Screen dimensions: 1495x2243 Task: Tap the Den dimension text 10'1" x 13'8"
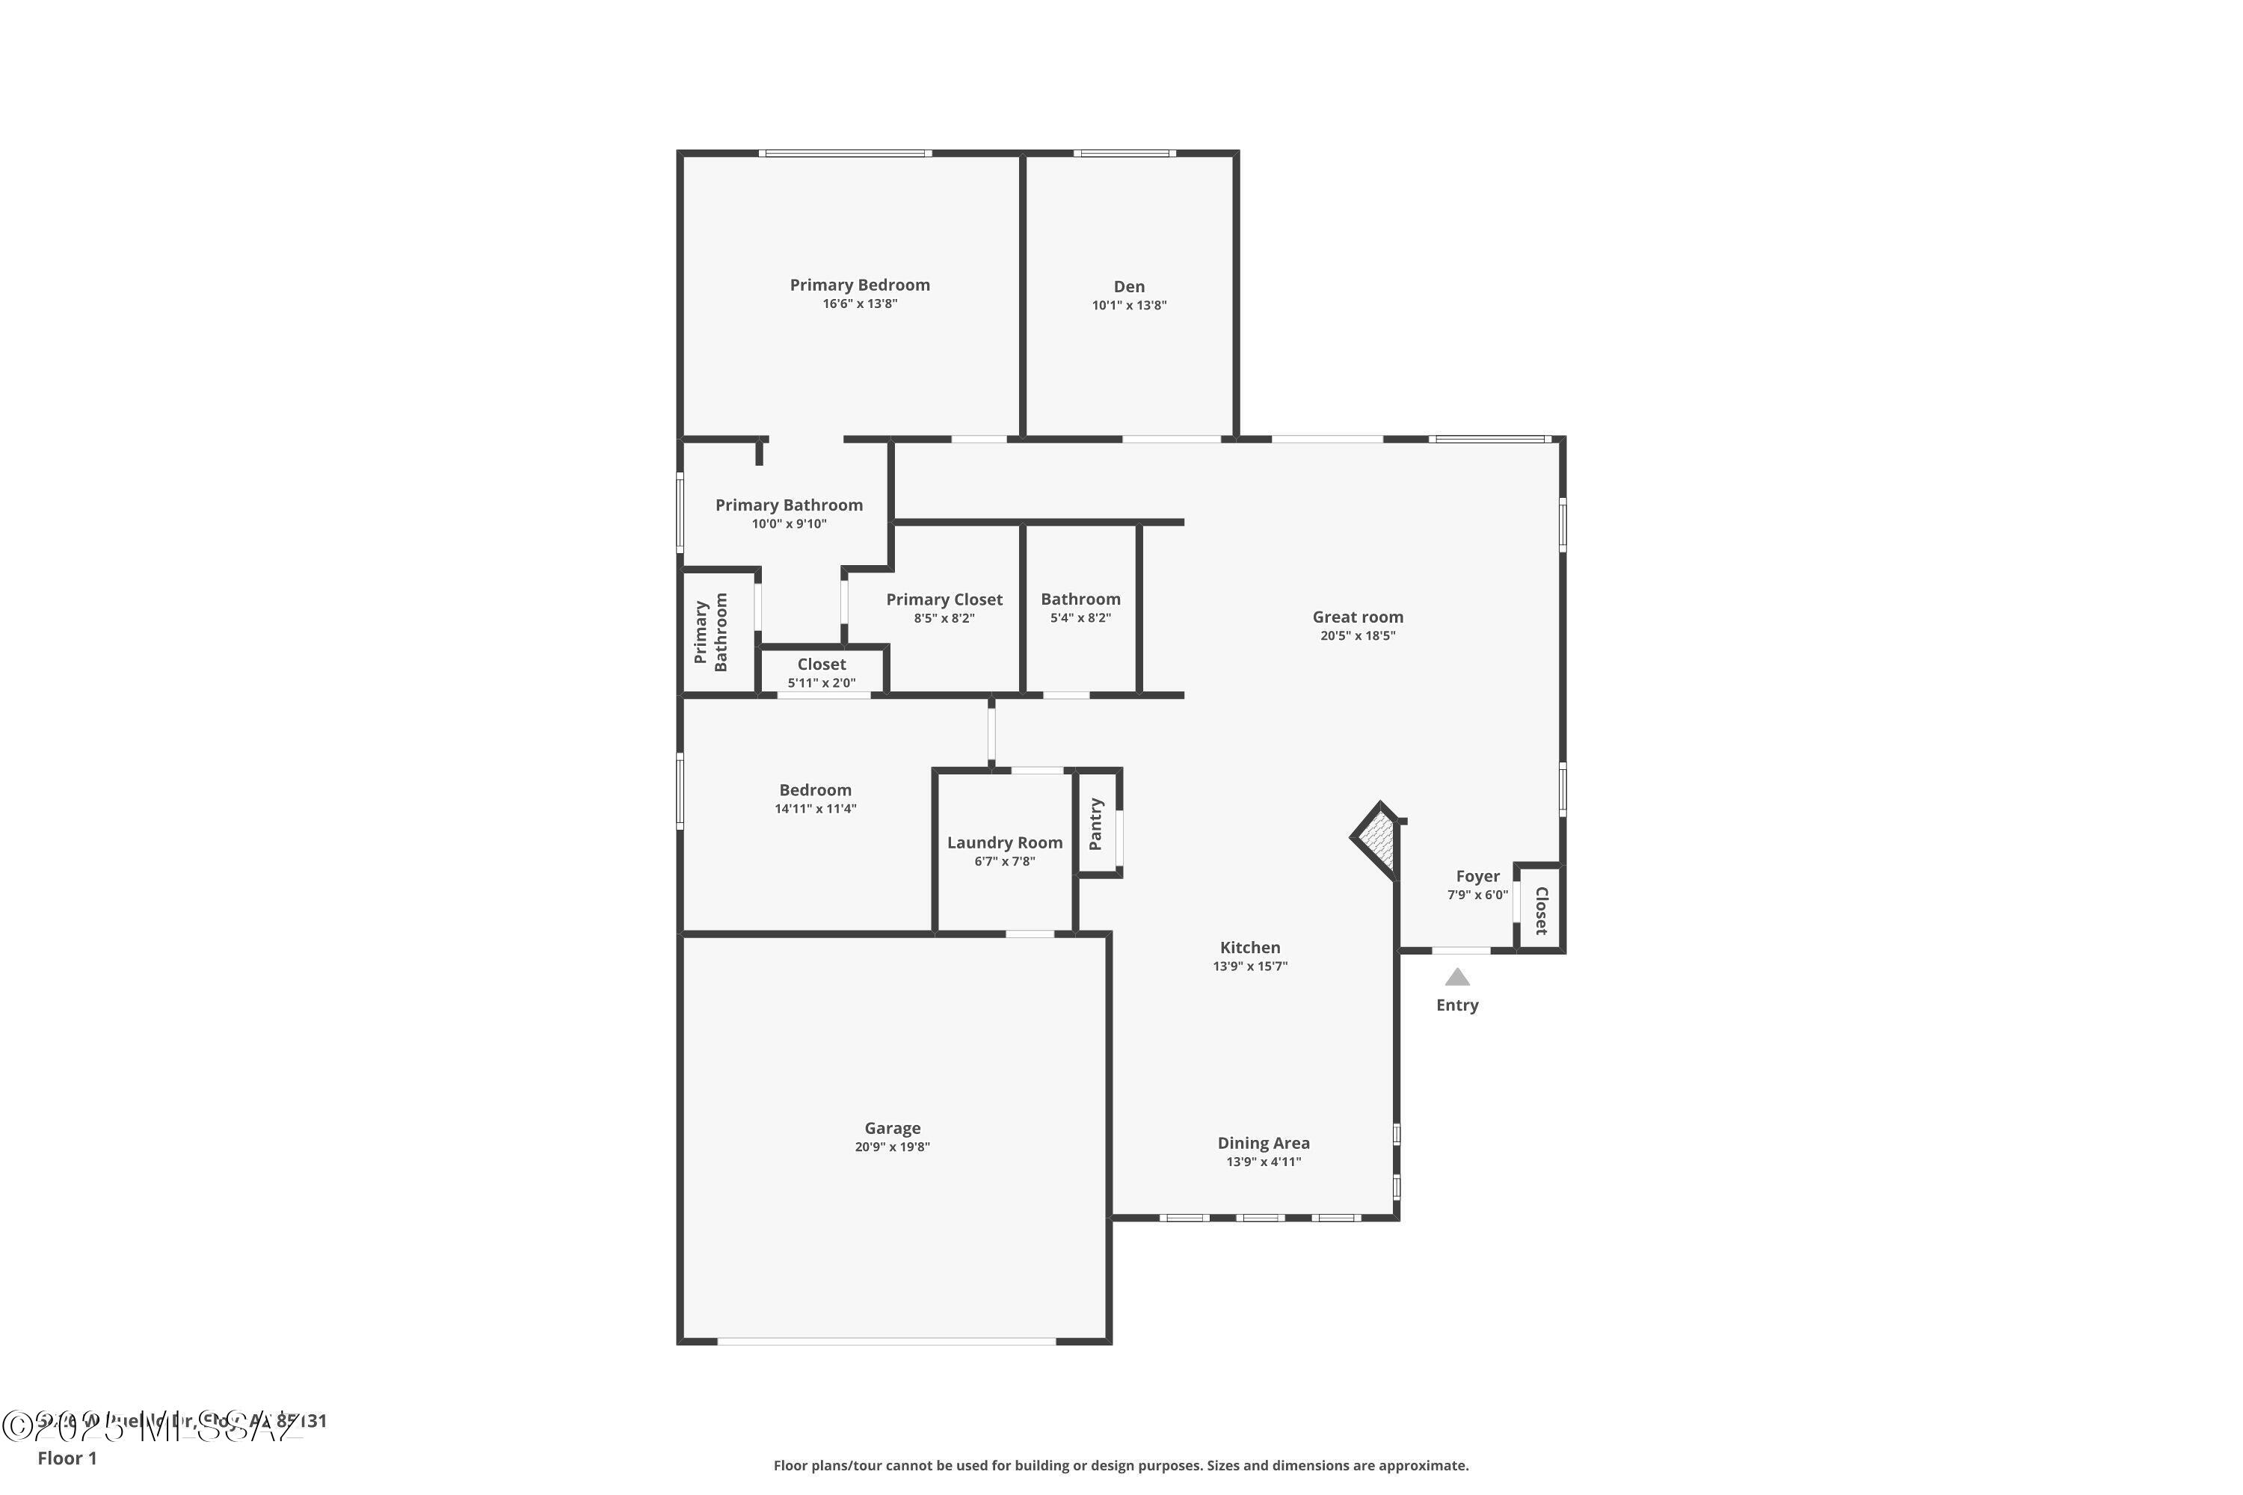1129,306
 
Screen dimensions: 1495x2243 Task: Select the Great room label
1357,617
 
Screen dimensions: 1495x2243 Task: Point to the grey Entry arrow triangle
1456,977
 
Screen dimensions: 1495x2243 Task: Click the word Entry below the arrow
1456,1005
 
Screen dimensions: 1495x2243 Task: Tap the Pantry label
1096,824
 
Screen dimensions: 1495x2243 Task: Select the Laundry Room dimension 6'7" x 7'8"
1004,862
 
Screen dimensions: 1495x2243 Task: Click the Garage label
892,1128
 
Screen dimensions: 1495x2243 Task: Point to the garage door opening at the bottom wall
886,1340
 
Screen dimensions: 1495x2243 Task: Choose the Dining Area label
1263,1142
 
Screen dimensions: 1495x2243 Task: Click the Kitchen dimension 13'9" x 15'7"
1249,966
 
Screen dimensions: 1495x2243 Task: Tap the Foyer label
1477,875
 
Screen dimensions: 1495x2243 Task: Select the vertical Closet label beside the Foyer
1541,910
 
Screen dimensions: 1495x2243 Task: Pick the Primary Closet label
944,599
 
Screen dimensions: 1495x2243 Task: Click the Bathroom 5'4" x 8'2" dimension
1080,618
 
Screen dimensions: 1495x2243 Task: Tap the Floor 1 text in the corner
67,1458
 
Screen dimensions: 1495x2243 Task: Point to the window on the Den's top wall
1124,153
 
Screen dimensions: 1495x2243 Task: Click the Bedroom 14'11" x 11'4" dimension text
816,810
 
